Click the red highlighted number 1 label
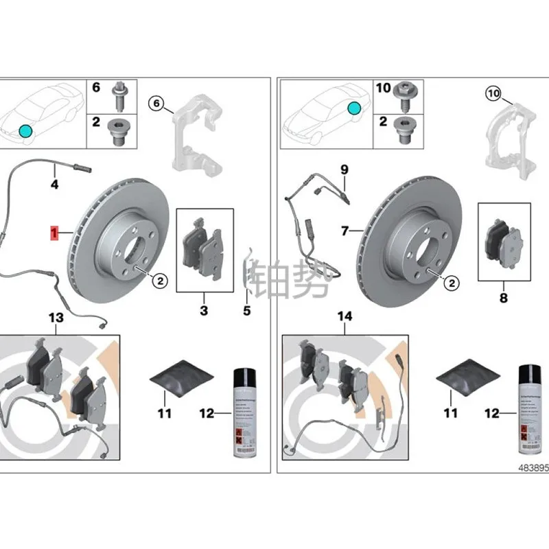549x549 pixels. [x=53, y=233]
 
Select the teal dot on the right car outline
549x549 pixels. [x=353, y=108]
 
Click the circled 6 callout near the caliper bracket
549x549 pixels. [x=156, y=104]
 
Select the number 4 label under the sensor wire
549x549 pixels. [x=54, y=184]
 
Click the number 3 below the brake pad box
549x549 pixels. [x=204, y=312]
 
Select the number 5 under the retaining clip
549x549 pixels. [x=247, y=311]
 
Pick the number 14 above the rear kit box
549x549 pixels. [x=344, y=316]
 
